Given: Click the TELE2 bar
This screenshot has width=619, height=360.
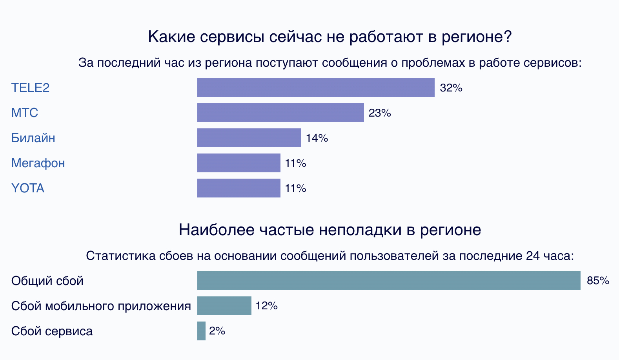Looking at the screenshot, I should point(316,88).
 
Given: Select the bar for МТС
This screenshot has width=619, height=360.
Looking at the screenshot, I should point(280,113).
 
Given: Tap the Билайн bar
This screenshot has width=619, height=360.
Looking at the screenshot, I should point(249,138).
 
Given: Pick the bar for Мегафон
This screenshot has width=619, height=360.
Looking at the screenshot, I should point(238,163).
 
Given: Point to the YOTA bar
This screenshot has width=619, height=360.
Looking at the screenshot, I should point(238,188).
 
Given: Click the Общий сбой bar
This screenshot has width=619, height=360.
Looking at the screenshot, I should point(388,281).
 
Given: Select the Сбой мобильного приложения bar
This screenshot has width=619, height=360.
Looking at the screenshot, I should point(224,306).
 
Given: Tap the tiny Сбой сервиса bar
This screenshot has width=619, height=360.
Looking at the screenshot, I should point(201,331).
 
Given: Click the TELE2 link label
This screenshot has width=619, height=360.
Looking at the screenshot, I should point(30,88).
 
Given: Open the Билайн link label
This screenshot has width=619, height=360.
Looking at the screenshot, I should point(33,138).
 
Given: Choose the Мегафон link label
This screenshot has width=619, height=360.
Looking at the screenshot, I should point(38,163).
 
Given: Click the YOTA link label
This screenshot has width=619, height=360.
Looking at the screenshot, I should point(27,188).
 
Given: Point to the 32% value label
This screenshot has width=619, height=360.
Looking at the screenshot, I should point(451,88).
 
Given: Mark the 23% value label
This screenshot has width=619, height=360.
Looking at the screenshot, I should point(380,113).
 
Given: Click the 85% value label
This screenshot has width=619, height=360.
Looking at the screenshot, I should point(598,281).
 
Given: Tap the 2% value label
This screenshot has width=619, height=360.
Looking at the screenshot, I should point(217,331).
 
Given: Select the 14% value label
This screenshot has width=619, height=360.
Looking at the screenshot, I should point(317,138).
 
